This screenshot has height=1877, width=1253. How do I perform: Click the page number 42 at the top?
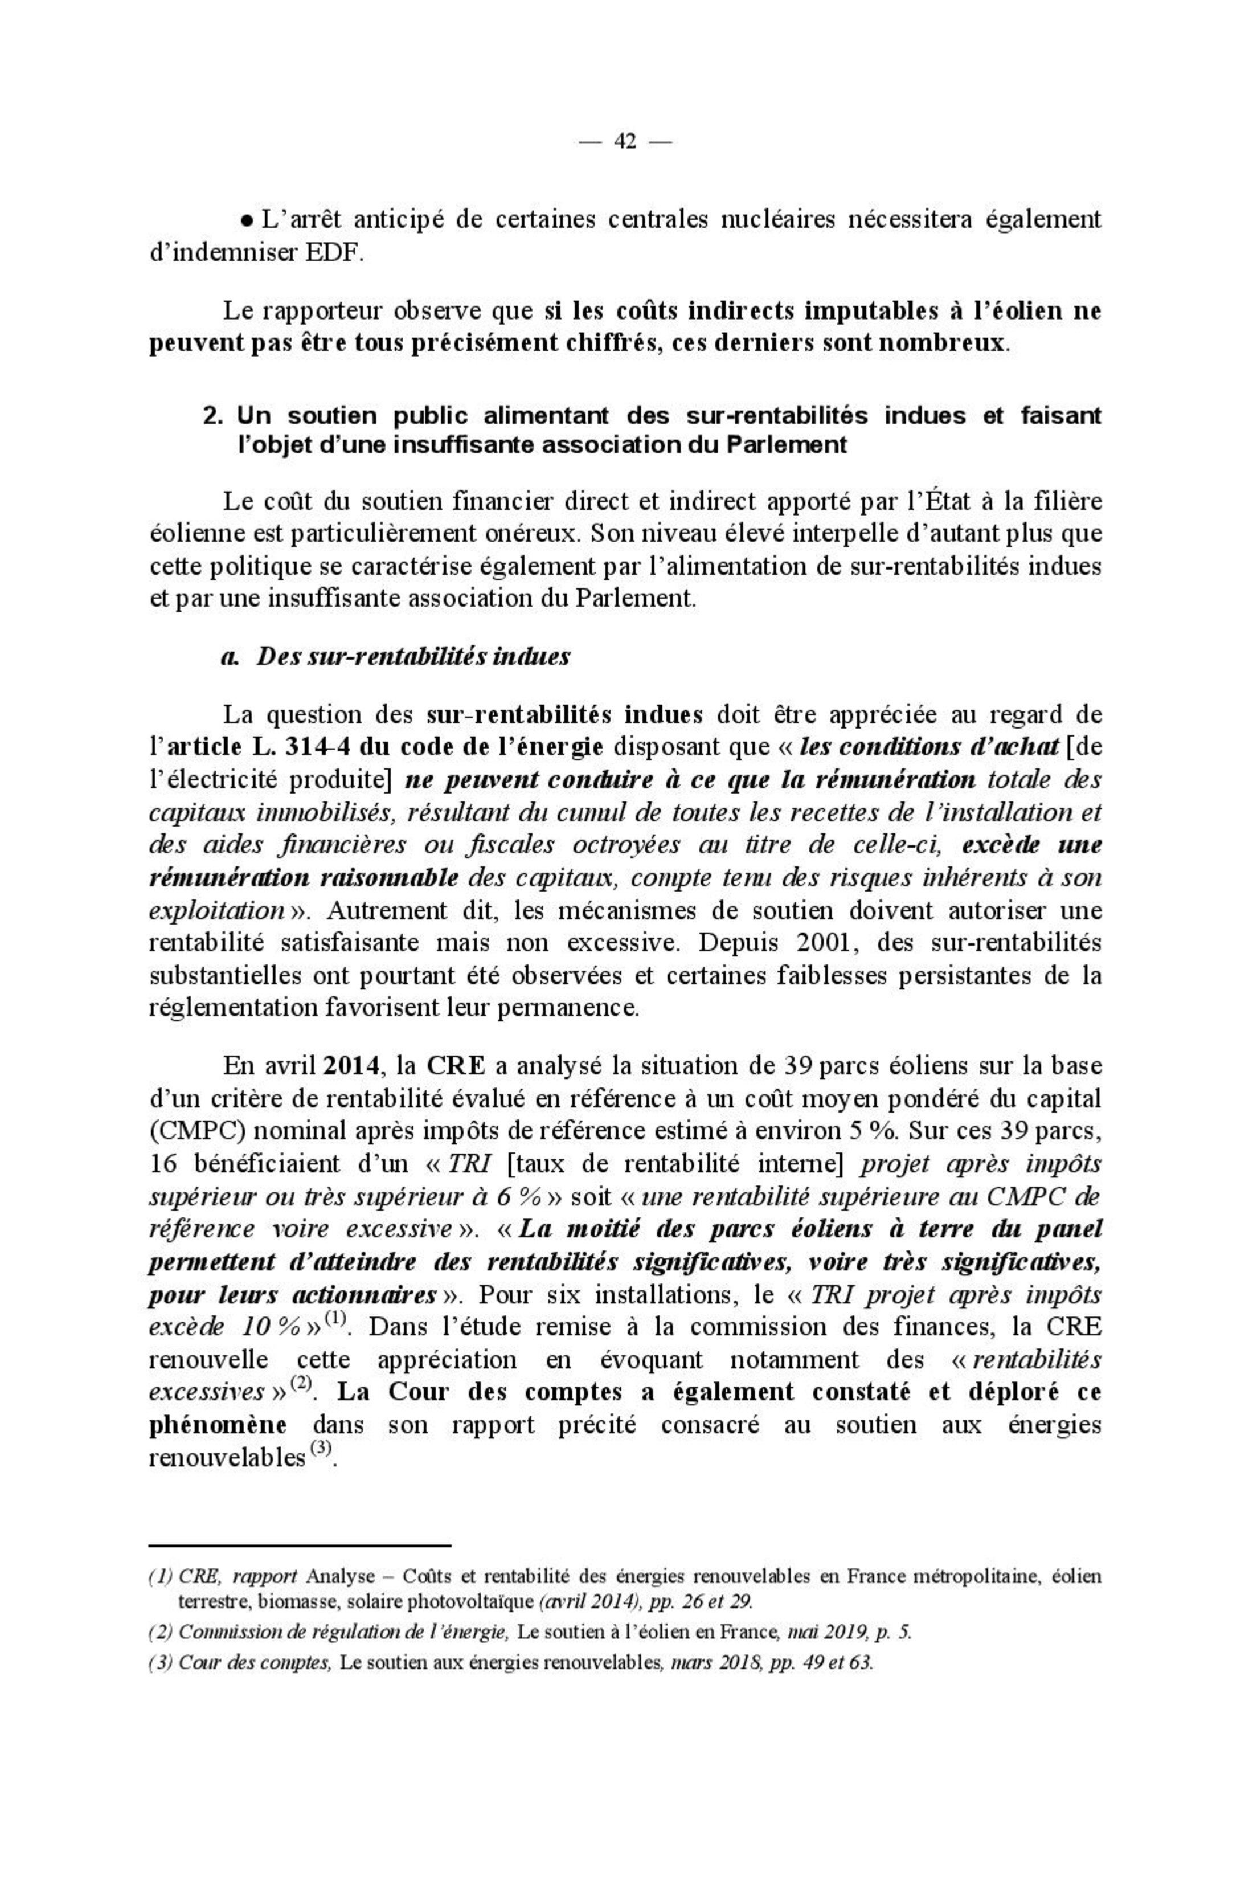coord(625,142)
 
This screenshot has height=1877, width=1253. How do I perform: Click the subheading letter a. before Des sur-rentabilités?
coord(230,657)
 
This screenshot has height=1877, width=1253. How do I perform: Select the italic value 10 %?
coord(269,1328)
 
